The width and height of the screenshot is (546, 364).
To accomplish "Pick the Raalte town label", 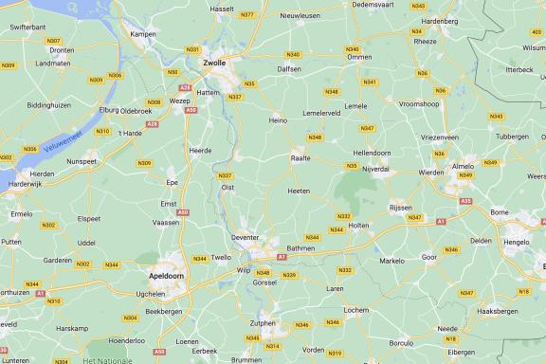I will [x=300, y=158].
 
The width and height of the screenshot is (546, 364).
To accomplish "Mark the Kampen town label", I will [x=143, y=34].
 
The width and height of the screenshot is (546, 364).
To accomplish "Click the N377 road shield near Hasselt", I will [x=247, y=15].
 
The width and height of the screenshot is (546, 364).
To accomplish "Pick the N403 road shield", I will [x=537, y=45].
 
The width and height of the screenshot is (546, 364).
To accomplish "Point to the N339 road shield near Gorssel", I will [x=289, y=275].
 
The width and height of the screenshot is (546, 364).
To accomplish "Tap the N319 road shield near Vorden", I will [x=335, y=353].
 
